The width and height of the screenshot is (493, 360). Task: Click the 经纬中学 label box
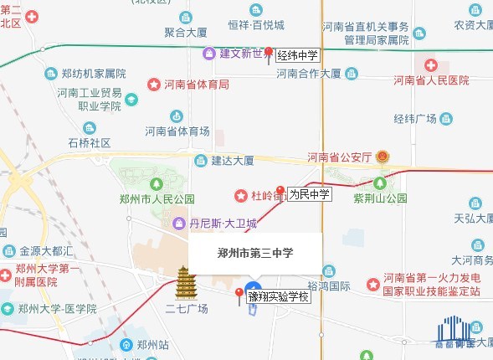click(299, 54)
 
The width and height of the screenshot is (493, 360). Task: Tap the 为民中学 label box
click(311, 194)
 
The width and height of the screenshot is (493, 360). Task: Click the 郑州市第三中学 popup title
click(254, 252)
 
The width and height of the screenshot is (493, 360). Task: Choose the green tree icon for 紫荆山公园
click(381, 182)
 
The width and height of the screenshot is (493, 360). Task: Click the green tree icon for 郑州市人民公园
click(155, 183)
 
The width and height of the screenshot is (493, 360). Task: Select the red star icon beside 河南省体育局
click(154, 85)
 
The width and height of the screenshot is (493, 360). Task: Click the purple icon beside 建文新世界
click(209, 54)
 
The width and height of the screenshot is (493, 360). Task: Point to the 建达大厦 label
click(233, 161)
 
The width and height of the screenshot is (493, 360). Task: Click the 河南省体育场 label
click(177, 131)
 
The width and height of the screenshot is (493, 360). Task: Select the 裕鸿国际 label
click(328, 285)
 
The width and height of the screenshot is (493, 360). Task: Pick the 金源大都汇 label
click(48, 250)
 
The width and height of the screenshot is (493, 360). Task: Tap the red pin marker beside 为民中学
click(281, 190)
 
